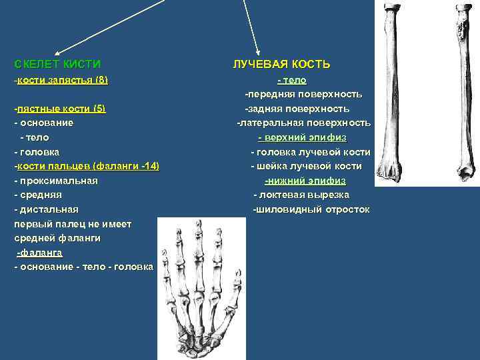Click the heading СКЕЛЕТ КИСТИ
[x=57, y=65]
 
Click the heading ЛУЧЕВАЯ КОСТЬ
[x=281, y=65]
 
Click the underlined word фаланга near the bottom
[x=40, y=253]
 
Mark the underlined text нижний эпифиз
[x=305, y=181]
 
